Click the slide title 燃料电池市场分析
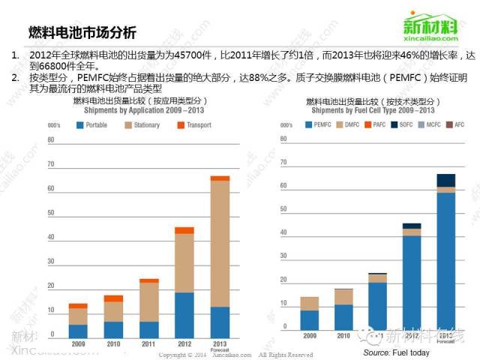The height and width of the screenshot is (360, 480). click(82, 32)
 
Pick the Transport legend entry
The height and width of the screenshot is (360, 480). click(193, 125)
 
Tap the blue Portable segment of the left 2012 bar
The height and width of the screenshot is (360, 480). click(184, 314)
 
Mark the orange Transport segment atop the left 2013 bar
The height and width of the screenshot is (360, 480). click(220, 178)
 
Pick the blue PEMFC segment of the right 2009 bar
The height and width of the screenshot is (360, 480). click(309, 320)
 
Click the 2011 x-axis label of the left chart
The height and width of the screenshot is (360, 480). click(148, 343)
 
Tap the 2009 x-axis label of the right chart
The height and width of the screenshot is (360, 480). click(309, 337)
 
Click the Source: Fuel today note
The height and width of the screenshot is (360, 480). click(396, 352)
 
